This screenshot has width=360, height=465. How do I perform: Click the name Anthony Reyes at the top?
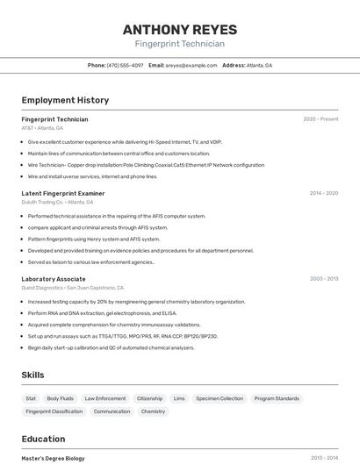(x=180, y=30)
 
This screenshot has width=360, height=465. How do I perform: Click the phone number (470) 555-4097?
(x=125, y=65)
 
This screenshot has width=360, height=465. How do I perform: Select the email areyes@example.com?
(x=191, y=65)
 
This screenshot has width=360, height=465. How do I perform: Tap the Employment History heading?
(x=65, y=100)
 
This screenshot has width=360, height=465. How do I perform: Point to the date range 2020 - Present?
(x=320, y=119)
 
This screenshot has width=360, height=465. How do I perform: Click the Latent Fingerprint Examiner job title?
(x=63, y=193)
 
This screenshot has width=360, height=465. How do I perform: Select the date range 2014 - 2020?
(x=324, y=193)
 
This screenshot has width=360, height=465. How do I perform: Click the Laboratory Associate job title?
(x=54, y=279)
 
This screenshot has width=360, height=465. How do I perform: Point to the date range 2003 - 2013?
(x=324, y=279)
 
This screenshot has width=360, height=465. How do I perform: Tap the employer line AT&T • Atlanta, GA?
(x=42, y=128)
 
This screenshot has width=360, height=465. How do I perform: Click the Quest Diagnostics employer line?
(x=73, y=288)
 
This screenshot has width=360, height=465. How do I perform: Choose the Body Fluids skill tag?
(x=61, y=398)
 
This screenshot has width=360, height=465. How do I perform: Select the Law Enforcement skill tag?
(x=105, y=398)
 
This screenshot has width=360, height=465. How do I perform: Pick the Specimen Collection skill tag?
(x=220, y=398)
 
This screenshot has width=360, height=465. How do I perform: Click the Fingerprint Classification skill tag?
(x=54, y=411)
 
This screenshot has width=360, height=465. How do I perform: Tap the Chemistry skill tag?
(x=153, y=411)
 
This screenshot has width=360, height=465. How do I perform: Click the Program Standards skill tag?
(x=277, y=398)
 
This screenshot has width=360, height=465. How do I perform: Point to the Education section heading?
(x=43, y=439)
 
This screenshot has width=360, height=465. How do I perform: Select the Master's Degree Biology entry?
(x=54, y=458)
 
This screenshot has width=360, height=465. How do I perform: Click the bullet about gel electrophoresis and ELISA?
(x=102, y=313)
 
